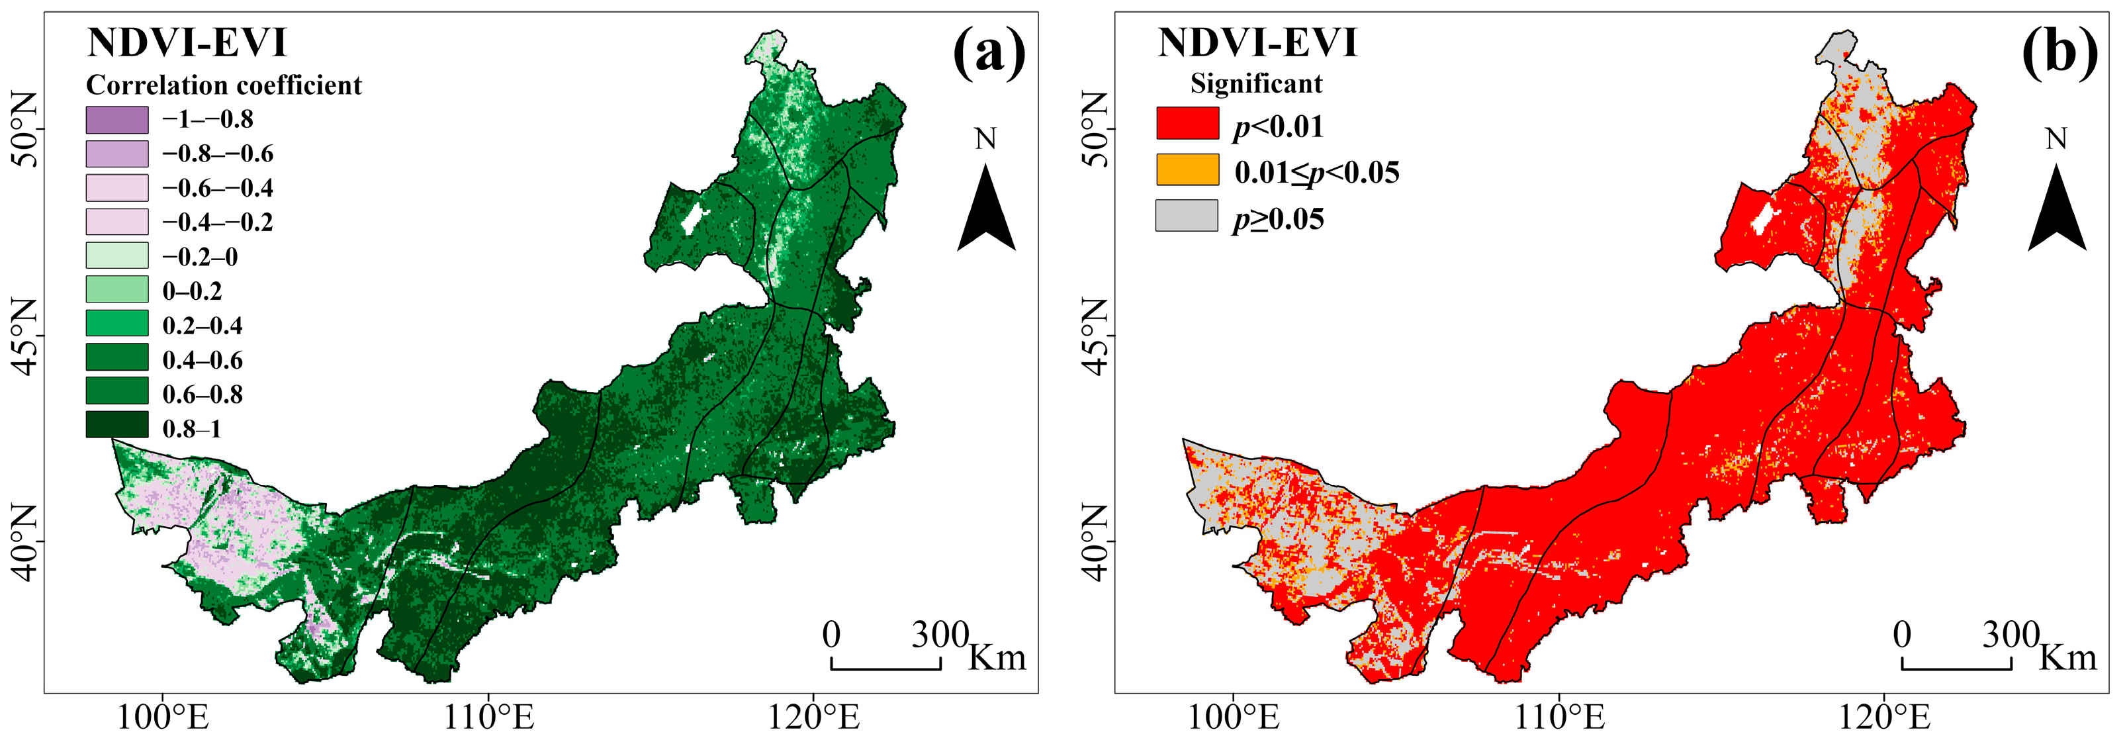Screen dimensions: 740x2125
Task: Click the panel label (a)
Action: (x=989, y=54)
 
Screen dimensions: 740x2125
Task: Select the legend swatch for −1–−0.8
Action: (x=117, y=120)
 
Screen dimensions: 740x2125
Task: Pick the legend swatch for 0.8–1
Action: (x=117, y=425)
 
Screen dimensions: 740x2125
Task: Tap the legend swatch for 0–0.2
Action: (x=117, y=289)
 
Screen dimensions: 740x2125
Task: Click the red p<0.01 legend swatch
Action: (x=1187, y=123)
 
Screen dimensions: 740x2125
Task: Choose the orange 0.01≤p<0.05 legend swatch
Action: (x=1187, y=169)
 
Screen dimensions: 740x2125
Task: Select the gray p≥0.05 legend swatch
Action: (x=1187, y=215)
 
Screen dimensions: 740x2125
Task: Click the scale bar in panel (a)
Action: (x=886, y=664)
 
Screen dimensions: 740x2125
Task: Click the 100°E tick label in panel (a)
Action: (x=163, y=717)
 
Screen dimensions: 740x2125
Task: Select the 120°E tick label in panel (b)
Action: (x=1884, y=717)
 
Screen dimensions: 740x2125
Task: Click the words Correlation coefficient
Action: (x=224, y=85)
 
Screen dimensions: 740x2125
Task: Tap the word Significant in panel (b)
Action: (x=1255, y=83)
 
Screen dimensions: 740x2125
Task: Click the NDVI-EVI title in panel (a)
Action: (x=187, y=43)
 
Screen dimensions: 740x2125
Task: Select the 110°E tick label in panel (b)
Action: (x=1559, y=717)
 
